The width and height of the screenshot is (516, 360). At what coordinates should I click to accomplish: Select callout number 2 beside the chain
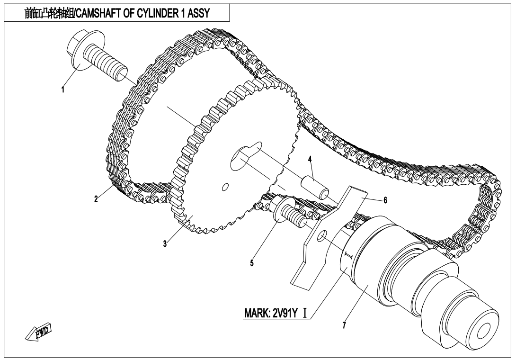[96, 199]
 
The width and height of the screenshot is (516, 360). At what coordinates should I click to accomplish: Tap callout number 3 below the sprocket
[165, 244]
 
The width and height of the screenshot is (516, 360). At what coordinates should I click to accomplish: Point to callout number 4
[310, 159]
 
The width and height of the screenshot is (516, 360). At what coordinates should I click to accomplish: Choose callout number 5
[252, 262]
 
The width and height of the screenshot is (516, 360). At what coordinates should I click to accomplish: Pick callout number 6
[385, 200]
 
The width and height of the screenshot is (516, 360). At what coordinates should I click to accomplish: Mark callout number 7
[344, 325]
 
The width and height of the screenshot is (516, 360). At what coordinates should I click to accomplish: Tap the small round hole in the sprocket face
[225, 187]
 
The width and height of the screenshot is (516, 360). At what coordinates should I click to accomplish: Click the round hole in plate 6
[322, 235]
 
